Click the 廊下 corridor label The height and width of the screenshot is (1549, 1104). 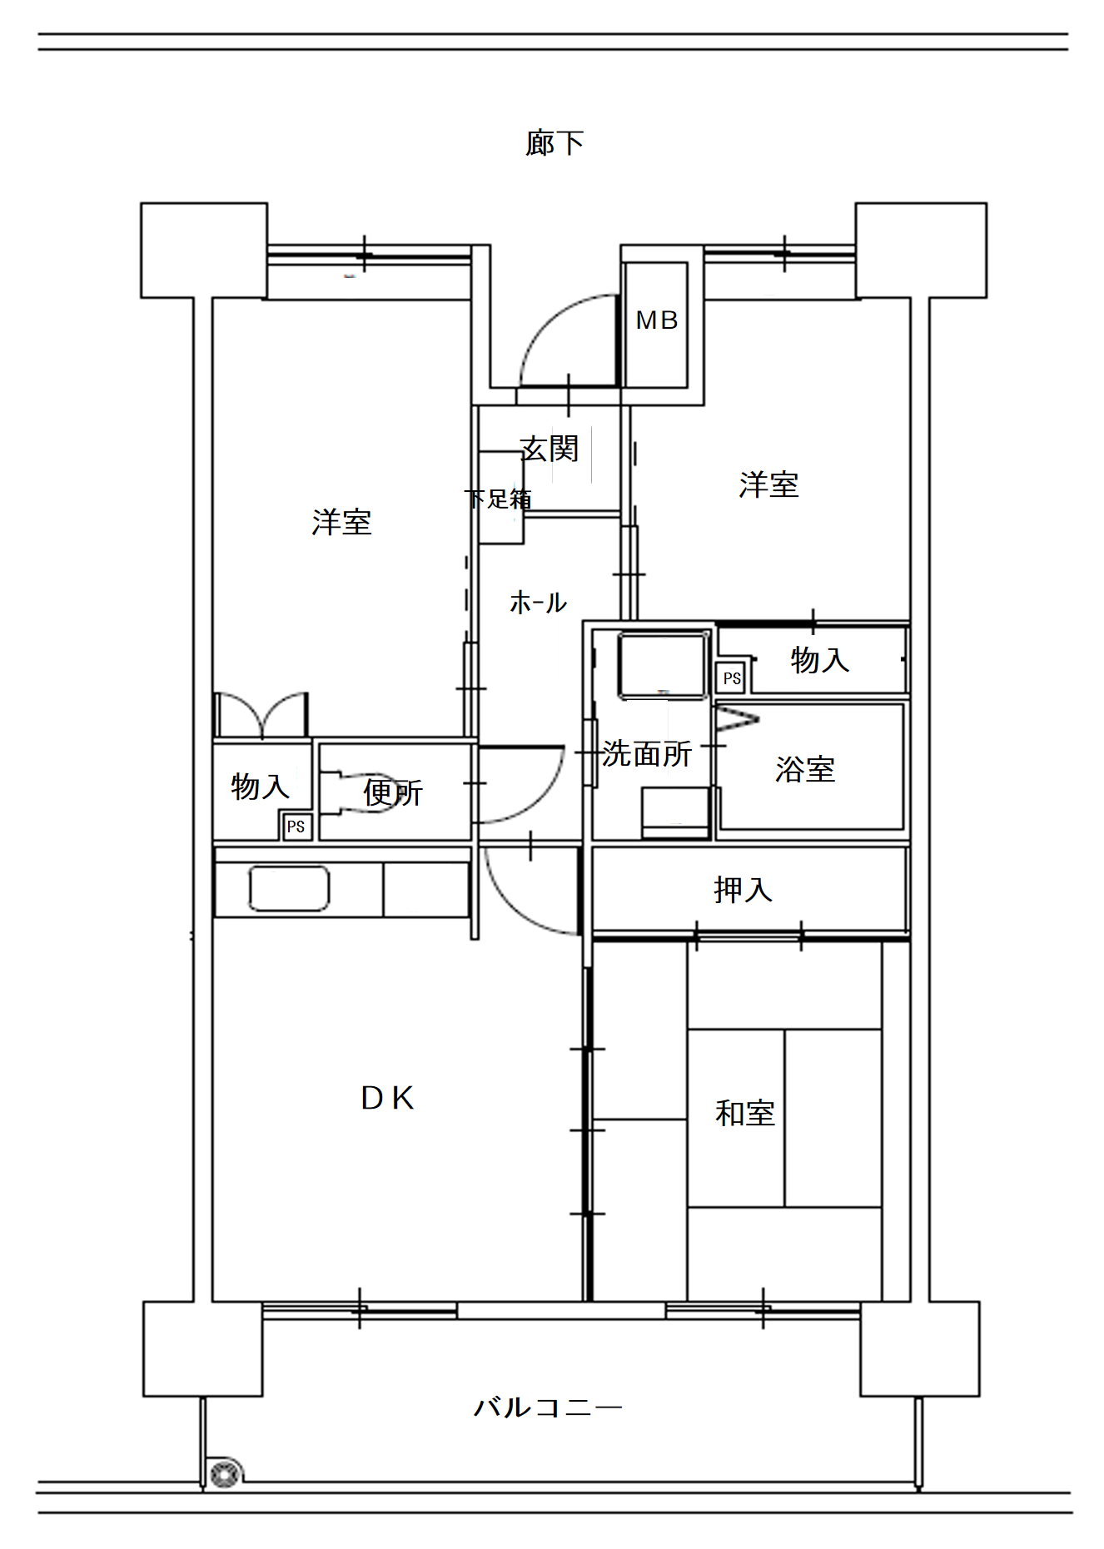point(554,143)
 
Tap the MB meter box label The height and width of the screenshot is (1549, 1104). point(657,320)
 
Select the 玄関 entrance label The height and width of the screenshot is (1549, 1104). point(550,449)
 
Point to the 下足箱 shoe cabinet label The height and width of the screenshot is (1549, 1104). point(498,499)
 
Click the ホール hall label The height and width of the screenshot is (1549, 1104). point(538,602)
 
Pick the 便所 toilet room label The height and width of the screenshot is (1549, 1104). point(393,792)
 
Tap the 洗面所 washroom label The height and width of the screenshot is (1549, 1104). point(647,753)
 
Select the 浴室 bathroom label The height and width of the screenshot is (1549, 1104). point(805,769)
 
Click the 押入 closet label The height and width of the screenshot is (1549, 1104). point(743,890)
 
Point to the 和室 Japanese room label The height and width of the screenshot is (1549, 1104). point(745,1113)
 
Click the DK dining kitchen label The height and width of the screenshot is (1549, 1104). point(387,1099)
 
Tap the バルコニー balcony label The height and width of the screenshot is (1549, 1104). point(548,1408)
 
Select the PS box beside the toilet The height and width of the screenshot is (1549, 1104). point(296,827)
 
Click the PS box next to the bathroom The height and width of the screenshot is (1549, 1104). point(732,678)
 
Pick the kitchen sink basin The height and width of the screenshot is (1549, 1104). point(289,888)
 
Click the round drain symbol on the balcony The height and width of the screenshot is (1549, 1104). point(224,1474)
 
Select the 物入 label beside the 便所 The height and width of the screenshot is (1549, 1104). point(260,786)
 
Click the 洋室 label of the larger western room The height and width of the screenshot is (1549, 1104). point(341,522)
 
